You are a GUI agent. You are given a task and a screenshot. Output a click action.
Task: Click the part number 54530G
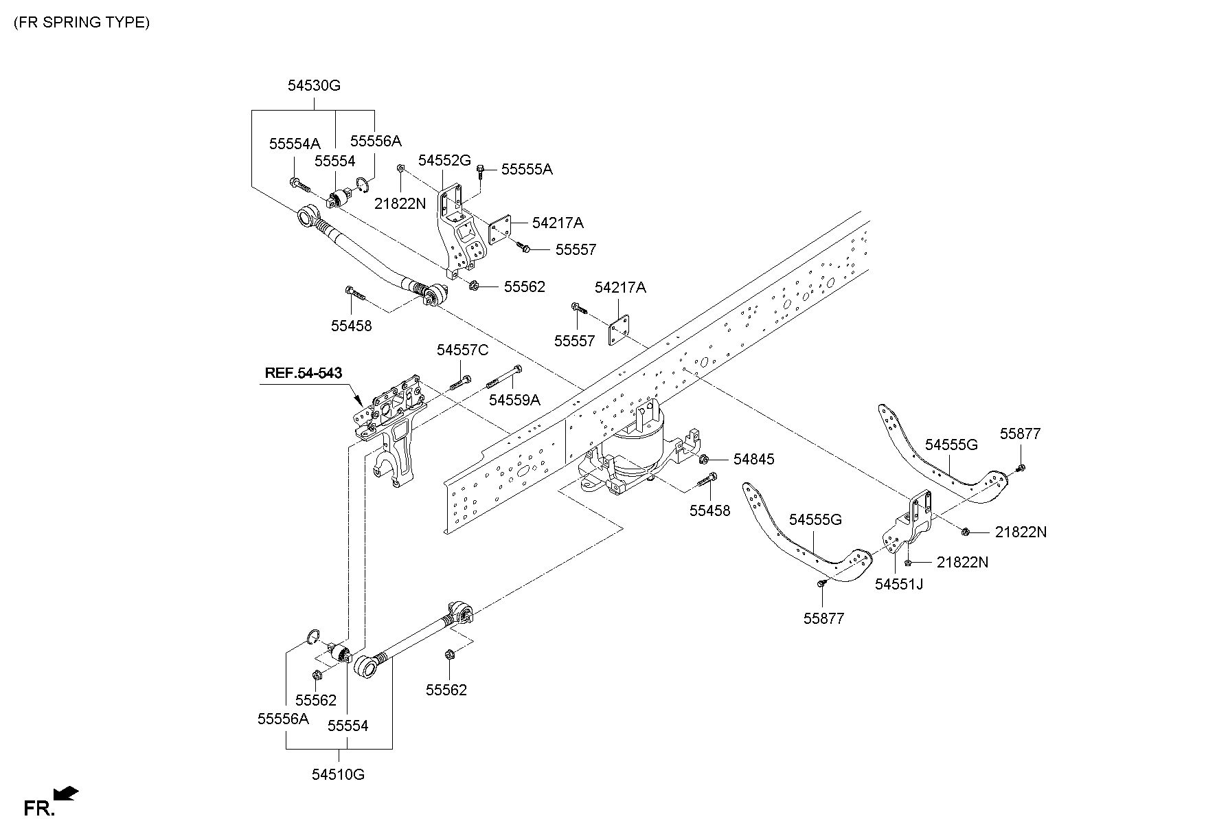pyautogui.click(x=314, y=86)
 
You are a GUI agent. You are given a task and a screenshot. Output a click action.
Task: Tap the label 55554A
pyautogui.click(x=295, y=144)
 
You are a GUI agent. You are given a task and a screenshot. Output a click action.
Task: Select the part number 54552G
pyautogui.click(x=444, y=160)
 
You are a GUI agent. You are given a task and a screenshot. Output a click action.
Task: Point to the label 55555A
pyautogui.click(x=527, y=169)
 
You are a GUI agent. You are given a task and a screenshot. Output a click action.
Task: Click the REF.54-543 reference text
pyautogui.click(x=304, y=373)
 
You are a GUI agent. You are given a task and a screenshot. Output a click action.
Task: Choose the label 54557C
pyautogui.click(x=462, y=350)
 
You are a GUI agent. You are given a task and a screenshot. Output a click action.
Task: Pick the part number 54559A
pyautogui.click(x=514, y=400)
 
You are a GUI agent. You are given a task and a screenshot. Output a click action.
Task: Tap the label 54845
pyautogui.click(x=753, y=459)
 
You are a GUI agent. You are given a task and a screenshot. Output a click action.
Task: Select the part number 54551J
pyautogui.click(x=898, y=584)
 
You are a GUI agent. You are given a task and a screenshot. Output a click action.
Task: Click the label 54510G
pyautogui.click(x=338, y=774)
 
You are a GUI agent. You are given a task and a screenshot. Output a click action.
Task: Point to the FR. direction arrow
pyautogui.click(x=66, y=794)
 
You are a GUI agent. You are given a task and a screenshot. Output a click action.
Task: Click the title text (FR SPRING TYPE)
pyautogui.click(x=81, y=22)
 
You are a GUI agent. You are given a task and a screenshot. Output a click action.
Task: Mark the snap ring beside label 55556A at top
pyautogui.click(x=363, y=184)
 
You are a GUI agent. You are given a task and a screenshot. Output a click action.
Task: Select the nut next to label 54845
pyautogui.click(x=704, y=458)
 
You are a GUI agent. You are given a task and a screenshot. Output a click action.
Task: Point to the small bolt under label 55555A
pyautogui.click(x=481, y=170)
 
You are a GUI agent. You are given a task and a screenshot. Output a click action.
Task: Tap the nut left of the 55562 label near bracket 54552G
pyautogui.click(x=475, y=286)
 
